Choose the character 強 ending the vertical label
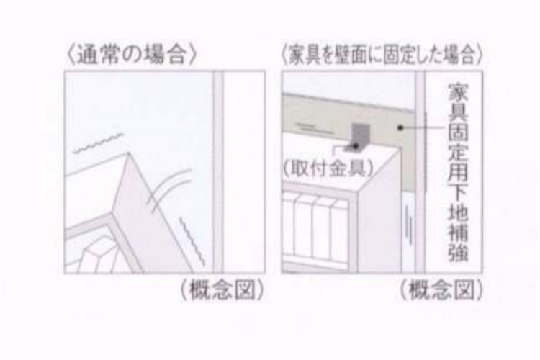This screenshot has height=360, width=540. tap(454, 254)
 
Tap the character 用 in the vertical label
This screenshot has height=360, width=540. tap(454, 174)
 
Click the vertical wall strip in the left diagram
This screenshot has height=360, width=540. tap(217, 173)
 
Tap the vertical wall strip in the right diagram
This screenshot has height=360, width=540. tap(419, 173)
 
